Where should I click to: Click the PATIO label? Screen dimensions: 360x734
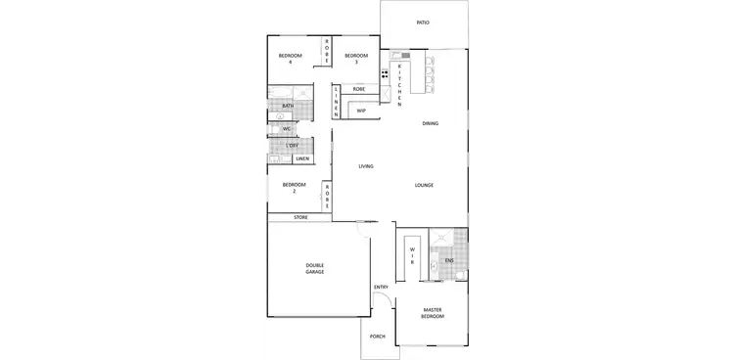(423, 22)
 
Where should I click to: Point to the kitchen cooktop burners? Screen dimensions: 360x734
(385, 72)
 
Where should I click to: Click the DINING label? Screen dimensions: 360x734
(430, 124)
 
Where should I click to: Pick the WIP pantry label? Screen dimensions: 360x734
(360, 112)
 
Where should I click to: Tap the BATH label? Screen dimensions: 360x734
(288, 106)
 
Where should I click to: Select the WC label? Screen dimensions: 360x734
(287, 128)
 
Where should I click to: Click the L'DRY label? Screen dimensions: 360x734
(292, 146)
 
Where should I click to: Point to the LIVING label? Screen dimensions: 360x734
(365, 166)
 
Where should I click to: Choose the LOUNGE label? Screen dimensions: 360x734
(424, 185)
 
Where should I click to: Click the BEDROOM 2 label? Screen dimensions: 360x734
(294, 188)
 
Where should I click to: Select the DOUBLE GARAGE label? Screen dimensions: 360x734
(315, 267)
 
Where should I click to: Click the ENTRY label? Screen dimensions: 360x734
(381, 287)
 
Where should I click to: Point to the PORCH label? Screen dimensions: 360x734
(377, 337)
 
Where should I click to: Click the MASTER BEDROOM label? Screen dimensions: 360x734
(433, 313)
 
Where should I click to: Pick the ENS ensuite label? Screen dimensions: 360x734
(449, 261)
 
